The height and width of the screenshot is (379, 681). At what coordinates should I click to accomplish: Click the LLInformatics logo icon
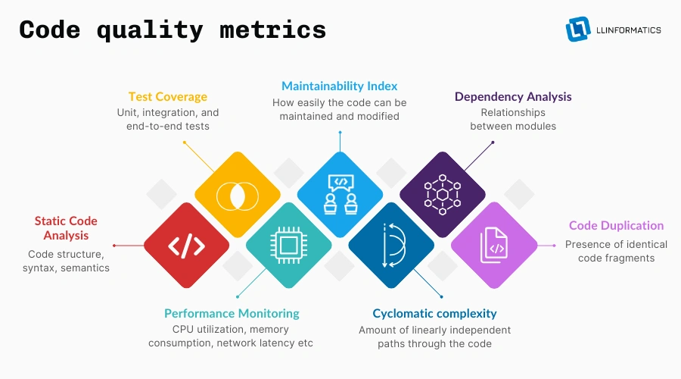pos(578,29)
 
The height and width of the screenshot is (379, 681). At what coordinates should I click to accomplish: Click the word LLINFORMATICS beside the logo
pos(628,30)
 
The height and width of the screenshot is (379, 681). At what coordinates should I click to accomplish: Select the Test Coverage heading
pos(168,97)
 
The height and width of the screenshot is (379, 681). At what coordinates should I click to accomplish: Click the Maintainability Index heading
pos(340,86)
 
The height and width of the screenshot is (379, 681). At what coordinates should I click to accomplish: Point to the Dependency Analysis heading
pos(513,96)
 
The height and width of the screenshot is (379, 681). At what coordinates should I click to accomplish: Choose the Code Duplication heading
pos(616,226)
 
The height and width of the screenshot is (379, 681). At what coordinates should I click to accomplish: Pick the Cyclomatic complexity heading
pos(434,313)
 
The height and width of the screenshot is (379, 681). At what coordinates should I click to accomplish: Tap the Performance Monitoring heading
pos(232,313)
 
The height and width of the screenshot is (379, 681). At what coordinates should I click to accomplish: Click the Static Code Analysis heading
pos(66,228)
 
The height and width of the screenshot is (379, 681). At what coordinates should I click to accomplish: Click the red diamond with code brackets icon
pos(186,246)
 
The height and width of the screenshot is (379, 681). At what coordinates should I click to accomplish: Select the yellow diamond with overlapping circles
pos(237,195)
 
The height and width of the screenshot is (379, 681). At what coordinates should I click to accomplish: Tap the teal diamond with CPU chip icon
pos(288,246)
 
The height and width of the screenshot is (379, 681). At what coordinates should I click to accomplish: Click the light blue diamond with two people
pos(340,195)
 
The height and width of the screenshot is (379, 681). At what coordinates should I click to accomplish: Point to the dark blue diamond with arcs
pos(391,246)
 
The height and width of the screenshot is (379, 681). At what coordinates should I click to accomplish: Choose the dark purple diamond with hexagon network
pos(442,195)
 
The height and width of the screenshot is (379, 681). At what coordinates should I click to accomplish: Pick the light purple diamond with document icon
pos(493,246)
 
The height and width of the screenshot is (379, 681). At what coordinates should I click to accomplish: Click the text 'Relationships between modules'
pos(513,119)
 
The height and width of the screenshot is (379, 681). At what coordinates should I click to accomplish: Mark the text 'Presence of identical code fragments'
pos(616,251)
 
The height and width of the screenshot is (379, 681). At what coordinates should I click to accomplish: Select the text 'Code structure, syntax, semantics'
pos(66,261)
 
